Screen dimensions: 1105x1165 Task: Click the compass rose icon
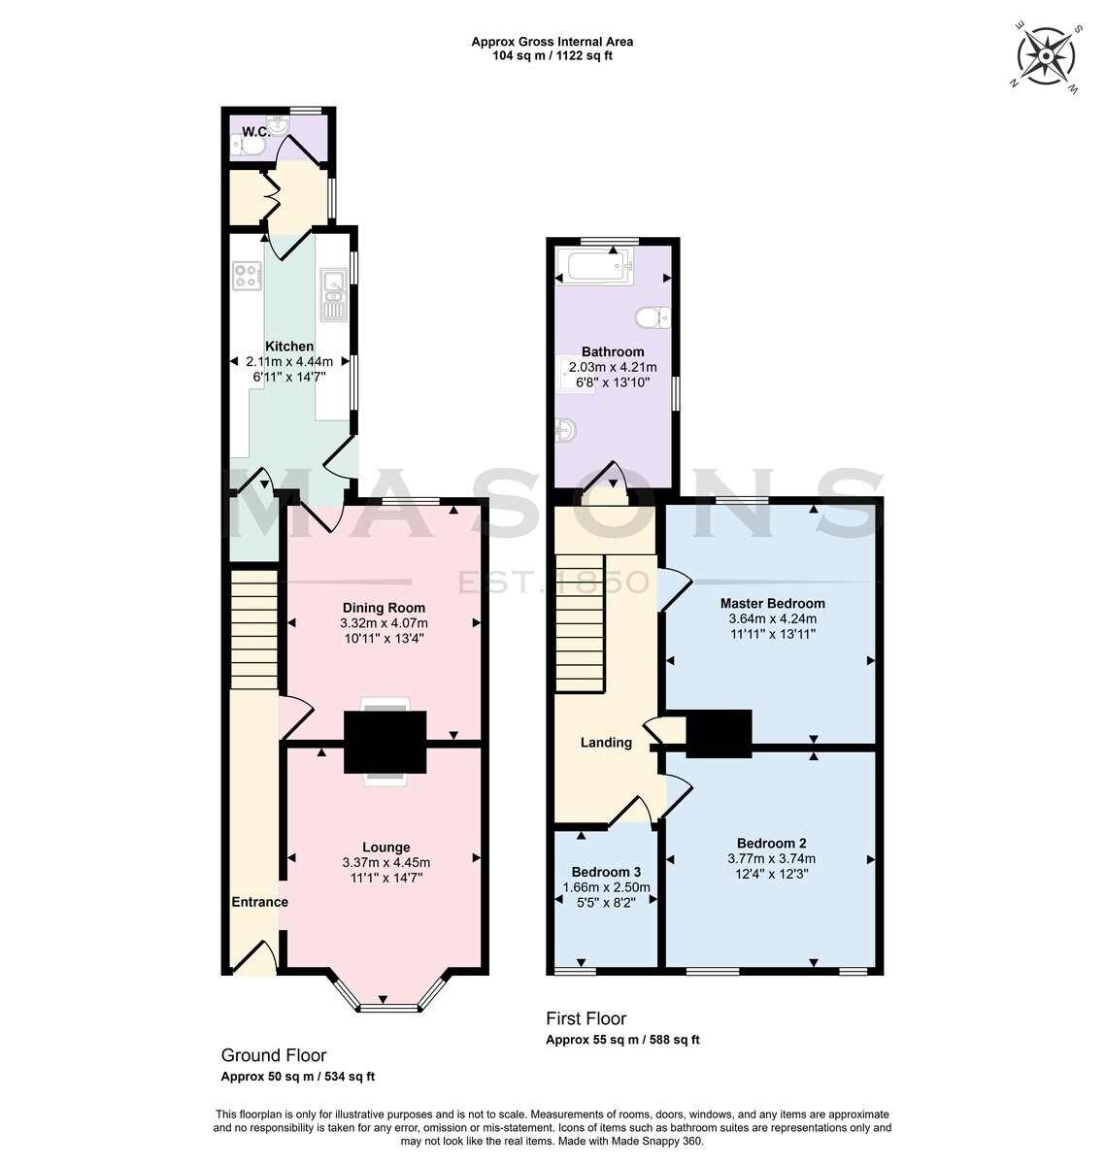(x=1045, y=56)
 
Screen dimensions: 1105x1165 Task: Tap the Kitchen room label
(x=289, y=346)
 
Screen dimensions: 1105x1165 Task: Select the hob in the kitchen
(x=247, y=276)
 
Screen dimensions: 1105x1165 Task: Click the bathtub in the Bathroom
(x=594, y=264)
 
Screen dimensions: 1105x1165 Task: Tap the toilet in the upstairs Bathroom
(x=653, y=317)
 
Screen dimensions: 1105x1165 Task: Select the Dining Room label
(x=384, y=608)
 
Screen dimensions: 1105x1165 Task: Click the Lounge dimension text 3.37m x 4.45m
(x=385, y=862)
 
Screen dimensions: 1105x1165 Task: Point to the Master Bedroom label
(x=773, y=603)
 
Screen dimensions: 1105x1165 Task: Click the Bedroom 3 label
(x=606, y=872)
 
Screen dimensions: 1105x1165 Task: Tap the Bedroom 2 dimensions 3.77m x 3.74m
(x=771, y=858)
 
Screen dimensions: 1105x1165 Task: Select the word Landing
(x=606, y=743)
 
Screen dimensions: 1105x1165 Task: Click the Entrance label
(x=259, y=902)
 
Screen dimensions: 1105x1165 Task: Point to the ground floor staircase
(x=253, y=629)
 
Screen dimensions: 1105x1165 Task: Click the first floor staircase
(x=579, y=623)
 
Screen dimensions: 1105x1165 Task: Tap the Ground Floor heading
(x=273, y=1055)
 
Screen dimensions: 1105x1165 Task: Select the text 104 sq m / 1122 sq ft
(x=552, y=56)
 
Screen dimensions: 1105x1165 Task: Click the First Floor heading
(x=586, y=1018)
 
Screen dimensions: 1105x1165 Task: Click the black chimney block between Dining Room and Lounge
(x=385, y=742)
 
